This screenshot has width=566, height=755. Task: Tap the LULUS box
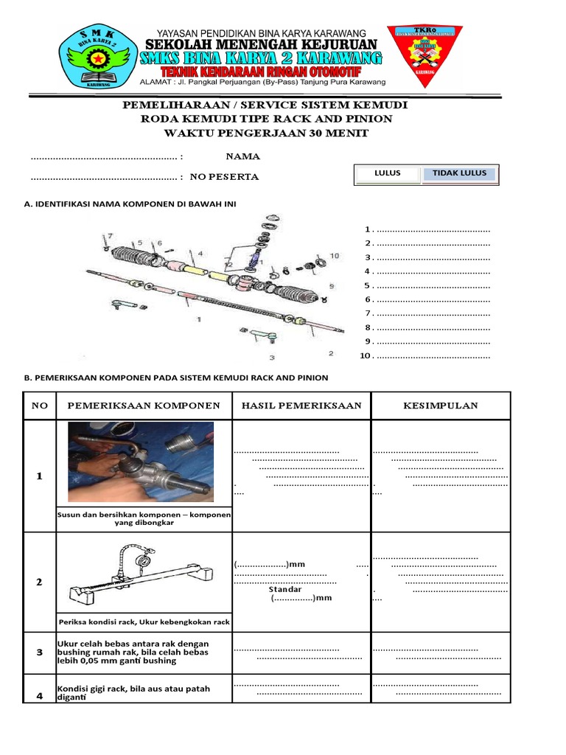(x=388, y=173)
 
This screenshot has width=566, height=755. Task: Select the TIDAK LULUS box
(x=459, y=173)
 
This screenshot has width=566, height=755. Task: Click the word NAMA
(x=242, y=156)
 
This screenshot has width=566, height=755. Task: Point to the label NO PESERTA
(x=224, y=177)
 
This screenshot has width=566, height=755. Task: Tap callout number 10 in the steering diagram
(x=335, y=256)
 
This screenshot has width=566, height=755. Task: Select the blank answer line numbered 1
(x=433, y=230)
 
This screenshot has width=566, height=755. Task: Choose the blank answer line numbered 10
(x=433, y=356)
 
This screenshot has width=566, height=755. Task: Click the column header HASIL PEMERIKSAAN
(x=301, y=406)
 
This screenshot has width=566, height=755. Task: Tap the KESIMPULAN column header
(x=441, y=406)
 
